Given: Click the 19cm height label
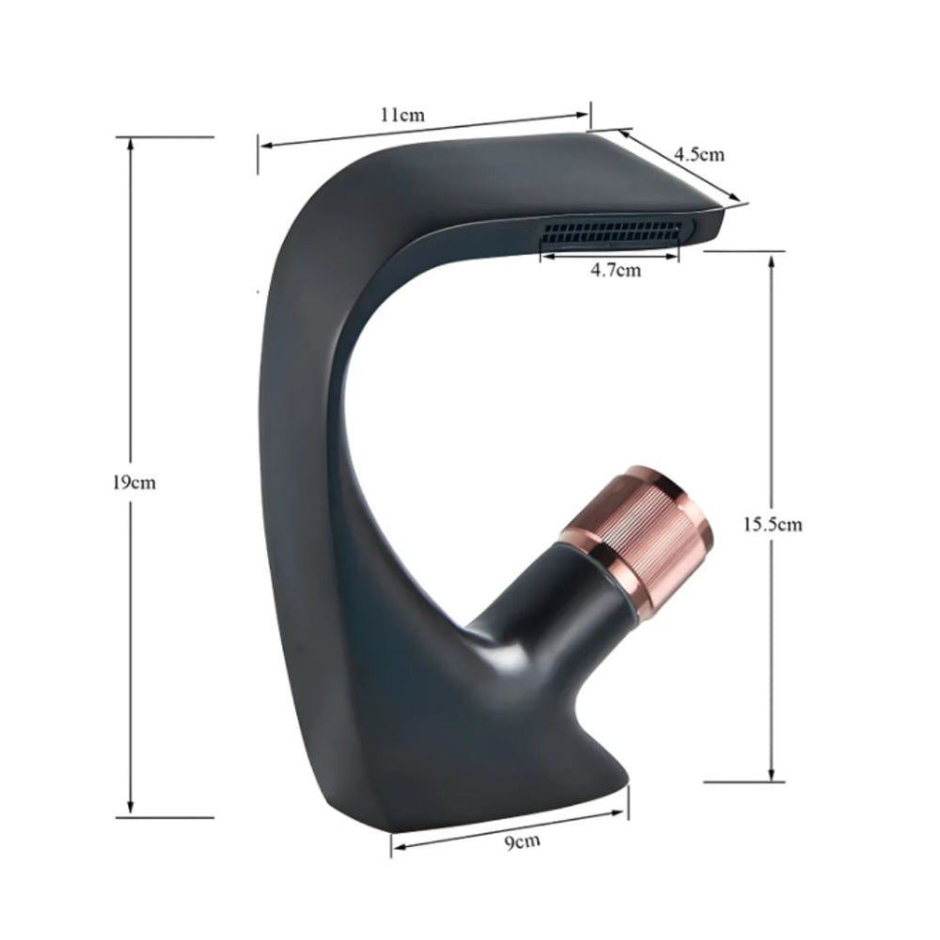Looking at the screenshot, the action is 134,482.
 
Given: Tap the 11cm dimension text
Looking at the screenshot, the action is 402,114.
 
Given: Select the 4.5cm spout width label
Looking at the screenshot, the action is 699,154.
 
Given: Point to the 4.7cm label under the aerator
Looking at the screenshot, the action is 616,270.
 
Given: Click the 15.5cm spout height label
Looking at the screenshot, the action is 773,525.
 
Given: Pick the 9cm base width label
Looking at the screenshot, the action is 522,842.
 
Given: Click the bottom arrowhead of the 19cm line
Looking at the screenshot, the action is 131,808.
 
